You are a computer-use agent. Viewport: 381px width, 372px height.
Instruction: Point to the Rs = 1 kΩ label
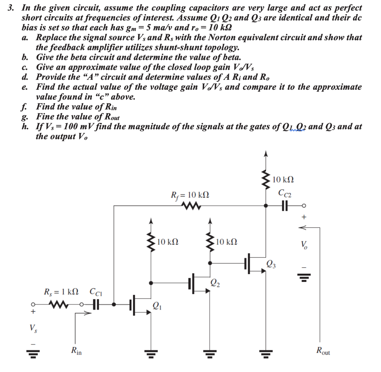(x=61, y=292)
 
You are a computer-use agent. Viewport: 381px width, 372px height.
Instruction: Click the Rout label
(x=323, y=350)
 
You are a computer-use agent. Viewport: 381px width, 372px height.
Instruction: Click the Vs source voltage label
(x=33, y=328)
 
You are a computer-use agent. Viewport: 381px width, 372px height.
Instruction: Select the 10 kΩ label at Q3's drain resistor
(x=283, y=180)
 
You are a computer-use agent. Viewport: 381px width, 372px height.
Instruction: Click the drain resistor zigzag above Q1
(x=151, y=242)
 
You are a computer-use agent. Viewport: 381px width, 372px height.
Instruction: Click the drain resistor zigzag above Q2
(x=210, y=242)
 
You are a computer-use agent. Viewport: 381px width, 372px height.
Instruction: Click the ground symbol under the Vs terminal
(x=33, y=352)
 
